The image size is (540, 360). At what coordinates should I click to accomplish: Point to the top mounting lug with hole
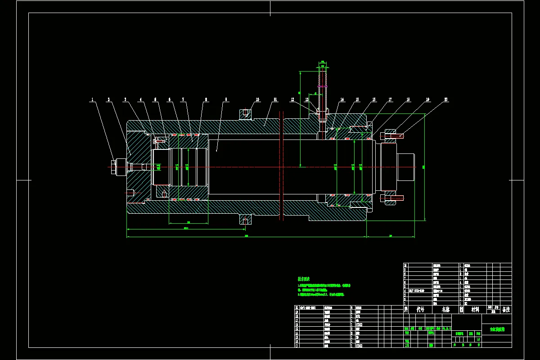pos(245,114)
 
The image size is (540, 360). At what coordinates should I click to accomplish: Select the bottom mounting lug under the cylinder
pos(245,220)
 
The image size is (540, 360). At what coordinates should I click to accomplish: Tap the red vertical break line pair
pos(281,166)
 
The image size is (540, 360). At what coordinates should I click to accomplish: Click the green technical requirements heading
pos(304,279)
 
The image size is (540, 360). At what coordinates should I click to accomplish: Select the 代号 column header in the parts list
pos(420,310)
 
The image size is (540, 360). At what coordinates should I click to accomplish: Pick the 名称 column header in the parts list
pos(445,310)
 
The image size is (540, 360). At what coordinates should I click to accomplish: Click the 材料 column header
pos(475,310)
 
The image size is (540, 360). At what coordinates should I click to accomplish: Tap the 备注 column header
pos(506,310)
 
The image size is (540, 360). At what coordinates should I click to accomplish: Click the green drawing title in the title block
pos(496,329)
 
